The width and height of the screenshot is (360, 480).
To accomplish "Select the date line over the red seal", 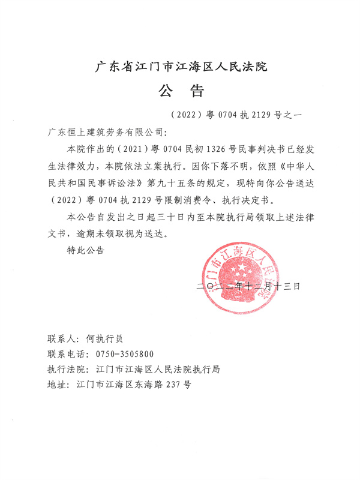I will (247, 287).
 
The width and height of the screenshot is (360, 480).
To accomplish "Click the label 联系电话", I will (65, 354).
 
